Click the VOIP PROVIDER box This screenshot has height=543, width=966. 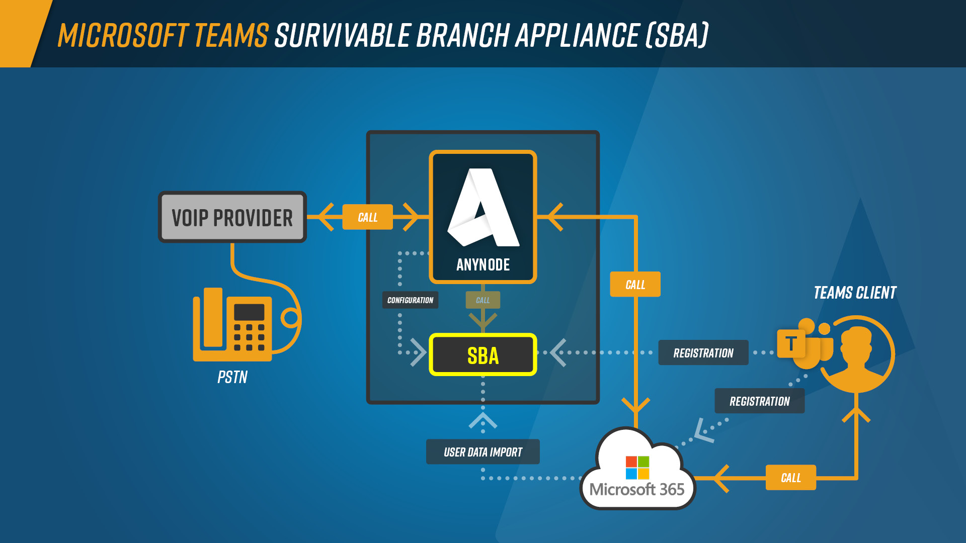point(232,217)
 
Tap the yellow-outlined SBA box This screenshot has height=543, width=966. point(482,355)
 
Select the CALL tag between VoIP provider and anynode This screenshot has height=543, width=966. point(367,217)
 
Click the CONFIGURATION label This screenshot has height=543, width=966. point(410,300)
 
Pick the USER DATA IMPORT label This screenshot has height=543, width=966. point(482,452)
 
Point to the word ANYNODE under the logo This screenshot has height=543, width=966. point(483,265)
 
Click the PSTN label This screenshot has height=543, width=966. point(232,377)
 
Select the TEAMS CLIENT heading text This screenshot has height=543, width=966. point(855,293)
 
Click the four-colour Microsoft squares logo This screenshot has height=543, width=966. point(637,468)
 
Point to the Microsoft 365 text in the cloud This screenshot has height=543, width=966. point(637,489)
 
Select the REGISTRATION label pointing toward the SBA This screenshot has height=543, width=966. point(703,353)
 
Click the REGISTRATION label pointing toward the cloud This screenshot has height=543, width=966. point(759,401)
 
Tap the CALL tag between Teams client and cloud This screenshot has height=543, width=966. point(790,478)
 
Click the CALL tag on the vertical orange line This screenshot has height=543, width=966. point(635,285)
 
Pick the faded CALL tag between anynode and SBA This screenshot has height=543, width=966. point(482,300)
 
